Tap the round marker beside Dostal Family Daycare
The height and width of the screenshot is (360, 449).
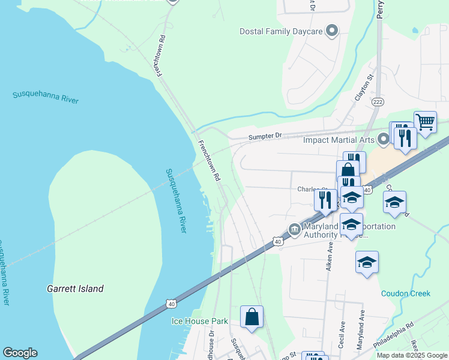[331, 31]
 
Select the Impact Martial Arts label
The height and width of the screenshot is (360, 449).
[339, 140]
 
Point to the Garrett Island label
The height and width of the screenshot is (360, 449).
[75, 289]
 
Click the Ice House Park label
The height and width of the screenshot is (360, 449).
[199, 321]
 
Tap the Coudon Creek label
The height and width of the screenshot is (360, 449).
[406, 293]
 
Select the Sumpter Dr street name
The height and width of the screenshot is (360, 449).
[265, 137]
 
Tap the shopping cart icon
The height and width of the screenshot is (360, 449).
[425, 122]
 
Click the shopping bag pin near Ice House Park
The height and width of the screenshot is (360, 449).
[252, 317]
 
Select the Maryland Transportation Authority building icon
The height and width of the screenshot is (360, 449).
[294, 228]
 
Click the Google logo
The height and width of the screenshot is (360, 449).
[20, 353]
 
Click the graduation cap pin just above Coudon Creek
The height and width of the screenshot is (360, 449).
[367, 262]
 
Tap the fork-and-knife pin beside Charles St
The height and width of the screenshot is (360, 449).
[325, 199]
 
